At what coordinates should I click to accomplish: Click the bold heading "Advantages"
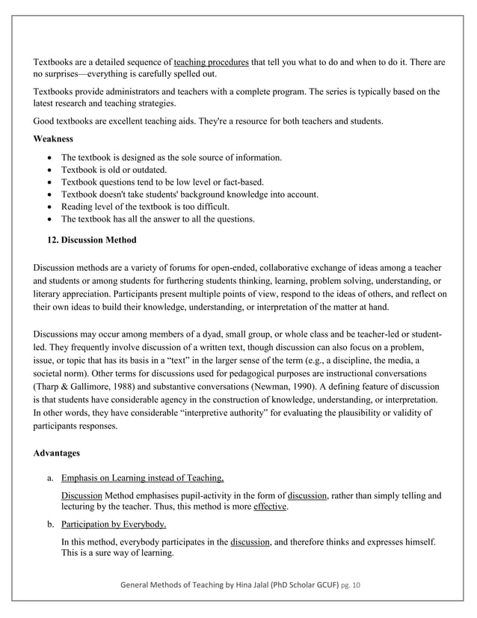pyautogui.click(x=59, y=453)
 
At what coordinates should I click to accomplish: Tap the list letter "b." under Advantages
pyautogui.click(x=49, y=524)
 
